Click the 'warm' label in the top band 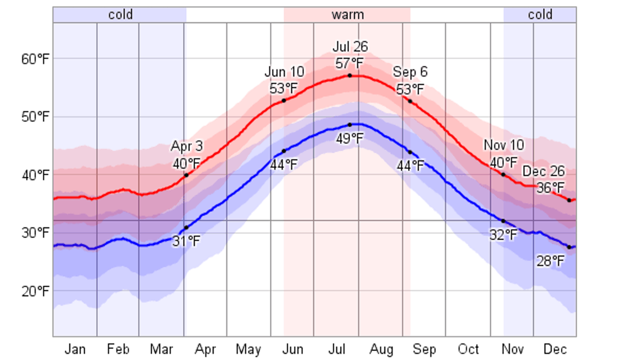347,15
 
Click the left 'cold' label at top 120,15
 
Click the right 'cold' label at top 540,15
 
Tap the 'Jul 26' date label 350,47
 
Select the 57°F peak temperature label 349,63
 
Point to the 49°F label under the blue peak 349,139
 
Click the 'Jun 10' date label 284,72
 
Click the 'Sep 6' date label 410,72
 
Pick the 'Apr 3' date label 187,146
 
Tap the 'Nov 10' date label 504,145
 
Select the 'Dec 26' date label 543,171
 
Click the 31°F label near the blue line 186,241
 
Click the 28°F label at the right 550,261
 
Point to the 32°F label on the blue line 503,235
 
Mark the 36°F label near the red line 550,188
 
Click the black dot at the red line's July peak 350,76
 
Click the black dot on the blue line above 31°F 186,228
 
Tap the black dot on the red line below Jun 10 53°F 284,101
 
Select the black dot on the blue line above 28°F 569,247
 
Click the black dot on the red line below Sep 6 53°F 410,101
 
